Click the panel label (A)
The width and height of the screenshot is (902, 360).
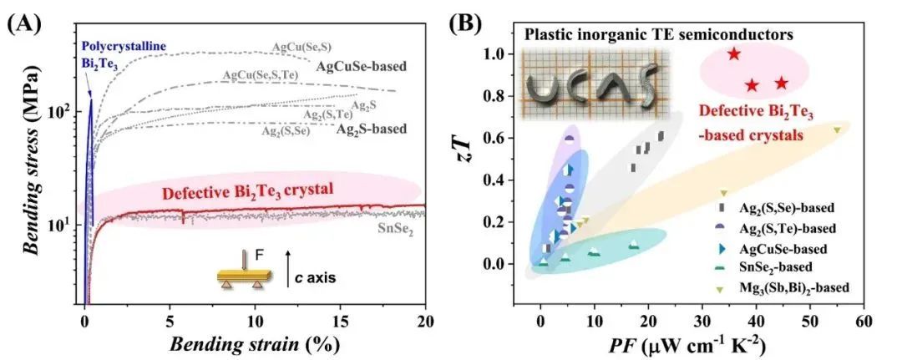[23, 21]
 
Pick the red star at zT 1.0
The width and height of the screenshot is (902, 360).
[734, 54]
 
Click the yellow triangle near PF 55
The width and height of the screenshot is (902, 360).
[837, 129]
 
